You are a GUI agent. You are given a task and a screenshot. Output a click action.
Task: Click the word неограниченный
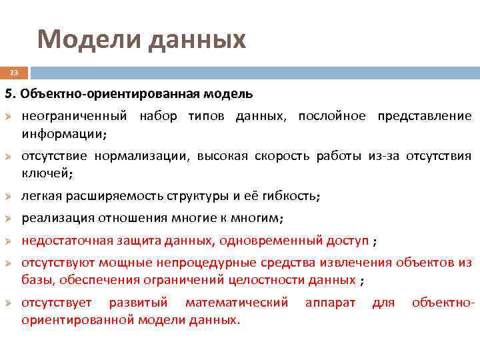click(x=74, y=117)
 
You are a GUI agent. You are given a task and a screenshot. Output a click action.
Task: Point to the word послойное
click(x=331, y=117)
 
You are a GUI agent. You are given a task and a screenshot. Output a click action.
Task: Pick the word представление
click(x=424, y=117)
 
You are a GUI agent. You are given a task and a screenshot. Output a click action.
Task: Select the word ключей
click(x=45, y=173)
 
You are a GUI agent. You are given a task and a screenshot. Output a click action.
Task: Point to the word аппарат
click(x=330, y=303)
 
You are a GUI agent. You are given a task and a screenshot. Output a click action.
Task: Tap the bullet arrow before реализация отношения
click(x=9, y=219)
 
